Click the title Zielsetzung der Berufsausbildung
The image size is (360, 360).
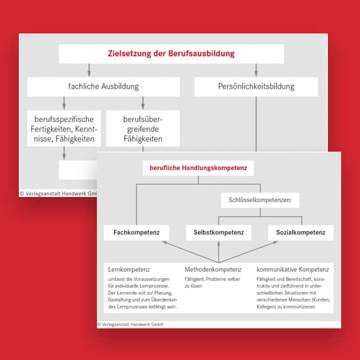click(x=171, y=54)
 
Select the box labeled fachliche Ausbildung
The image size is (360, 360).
click(x=103, y=86)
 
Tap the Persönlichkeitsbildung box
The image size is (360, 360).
click(x=255, y=86)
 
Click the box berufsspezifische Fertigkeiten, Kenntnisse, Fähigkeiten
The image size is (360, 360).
click(x=64, y=128)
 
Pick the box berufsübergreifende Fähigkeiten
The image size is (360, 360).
click(x=143, y=128)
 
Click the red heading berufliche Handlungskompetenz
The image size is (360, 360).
click(x=198, y=168)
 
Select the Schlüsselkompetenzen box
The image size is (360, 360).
click(x=260, y=201)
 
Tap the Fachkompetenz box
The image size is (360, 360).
click(x=137, y=233)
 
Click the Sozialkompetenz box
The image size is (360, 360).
click(x=300, y=233)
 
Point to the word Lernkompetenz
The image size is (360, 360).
click(x=129, y=269)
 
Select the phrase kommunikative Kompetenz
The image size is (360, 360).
click(x=293, y=269)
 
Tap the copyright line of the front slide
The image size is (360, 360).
click(x=130, y=325)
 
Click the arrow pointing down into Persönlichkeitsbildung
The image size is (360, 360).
click(x=256, y=71)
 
